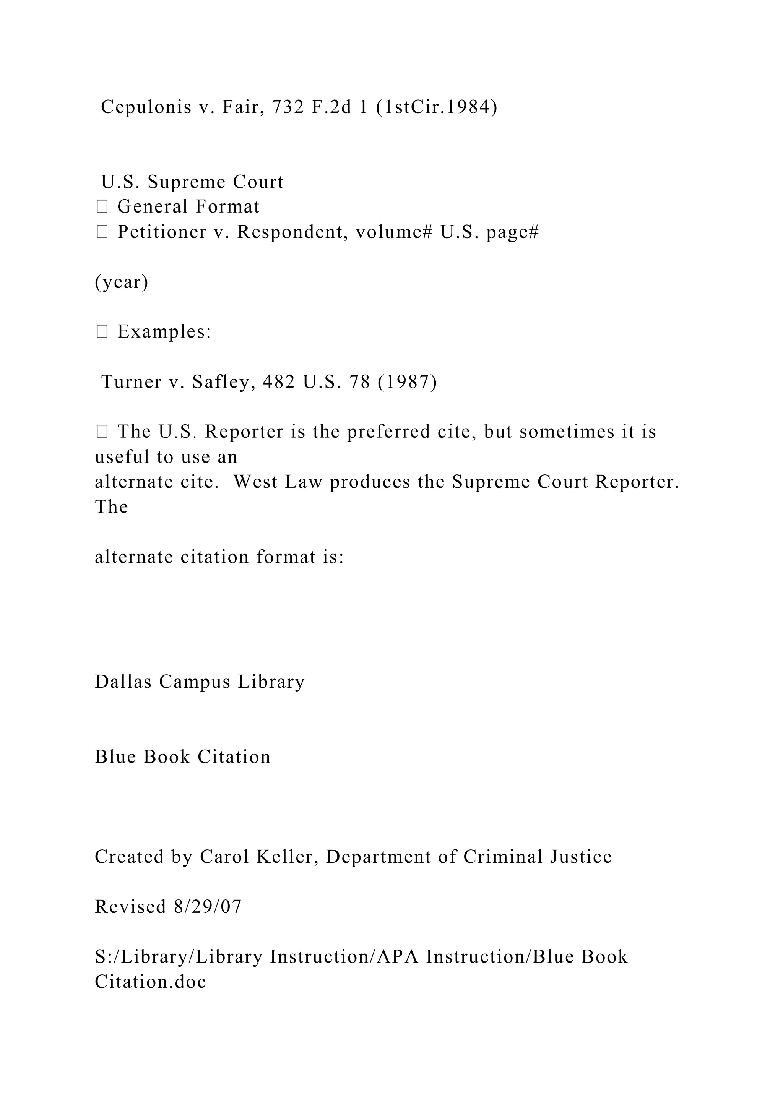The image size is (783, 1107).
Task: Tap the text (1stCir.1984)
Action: tap(436, 107)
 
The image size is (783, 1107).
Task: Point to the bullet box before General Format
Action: tap(102, 207)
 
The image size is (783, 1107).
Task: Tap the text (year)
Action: tap(122, 282)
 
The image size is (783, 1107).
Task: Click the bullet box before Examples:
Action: tap(102, 332)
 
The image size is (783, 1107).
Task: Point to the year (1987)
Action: tap(408, 382)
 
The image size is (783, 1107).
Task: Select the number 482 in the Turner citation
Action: tap(279, 382)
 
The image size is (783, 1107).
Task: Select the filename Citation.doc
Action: tap(150, 981)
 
